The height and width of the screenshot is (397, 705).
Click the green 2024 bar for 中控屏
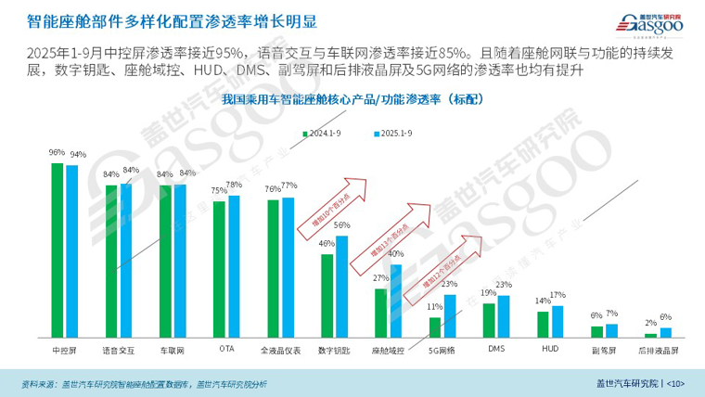58,249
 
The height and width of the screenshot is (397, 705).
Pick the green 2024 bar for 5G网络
434,327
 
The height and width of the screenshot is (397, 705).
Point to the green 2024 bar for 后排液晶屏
650,334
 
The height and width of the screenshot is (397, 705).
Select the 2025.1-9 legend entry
391,133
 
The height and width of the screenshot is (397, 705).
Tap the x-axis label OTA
226,350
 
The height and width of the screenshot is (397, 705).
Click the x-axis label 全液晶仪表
280,351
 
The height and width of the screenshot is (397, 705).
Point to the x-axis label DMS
496,350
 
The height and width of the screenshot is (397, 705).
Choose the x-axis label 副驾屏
604,351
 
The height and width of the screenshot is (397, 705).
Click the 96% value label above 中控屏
57,152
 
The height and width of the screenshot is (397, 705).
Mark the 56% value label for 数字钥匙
342,225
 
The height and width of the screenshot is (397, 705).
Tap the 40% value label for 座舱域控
396,253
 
